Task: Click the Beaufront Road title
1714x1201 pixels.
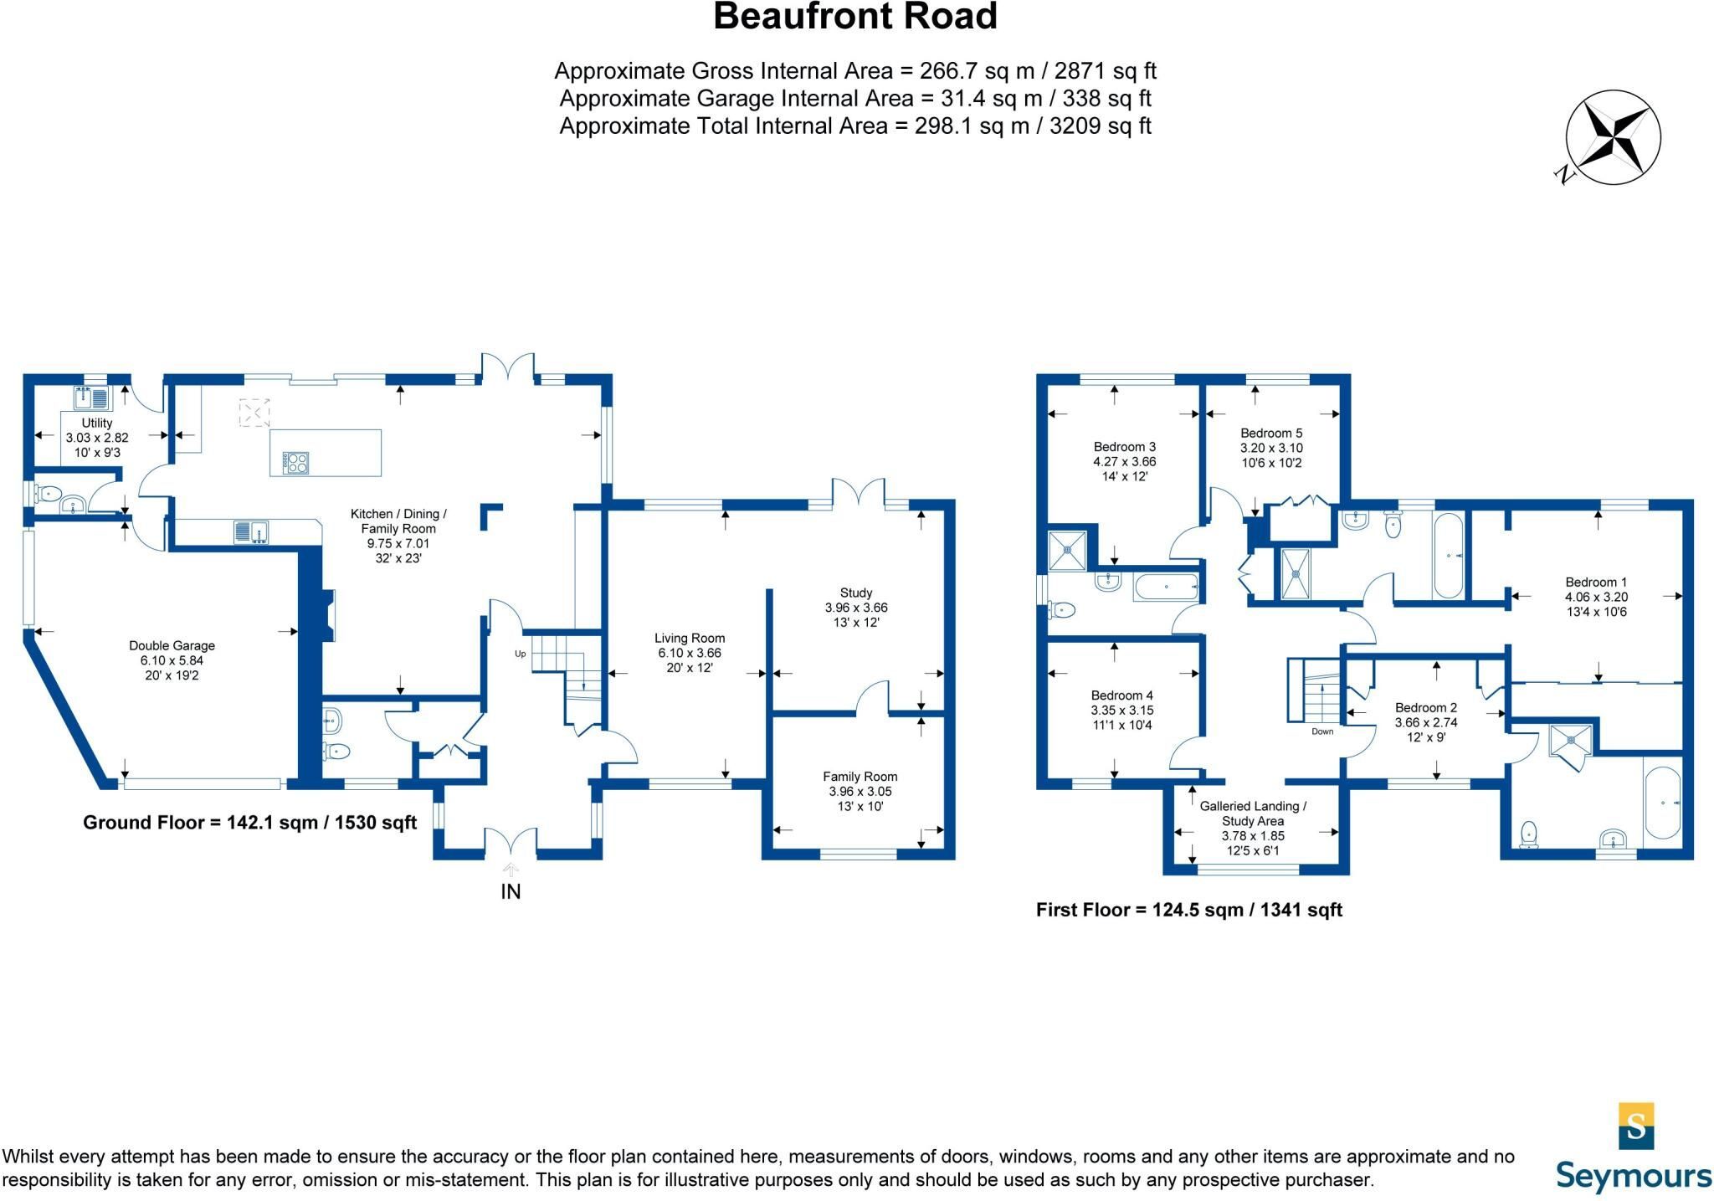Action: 854,17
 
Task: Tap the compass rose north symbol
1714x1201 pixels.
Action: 1612,137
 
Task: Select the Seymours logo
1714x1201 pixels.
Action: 1634,1147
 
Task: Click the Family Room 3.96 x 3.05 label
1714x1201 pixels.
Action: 860,791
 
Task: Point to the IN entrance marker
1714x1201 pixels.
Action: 511,891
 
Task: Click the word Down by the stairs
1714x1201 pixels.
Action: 1322,731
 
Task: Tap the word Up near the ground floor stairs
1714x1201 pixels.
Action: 520,654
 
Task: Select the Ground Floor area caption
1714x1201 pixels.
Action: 249,823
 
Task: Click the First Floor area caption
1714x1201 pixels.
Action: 1189,910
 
